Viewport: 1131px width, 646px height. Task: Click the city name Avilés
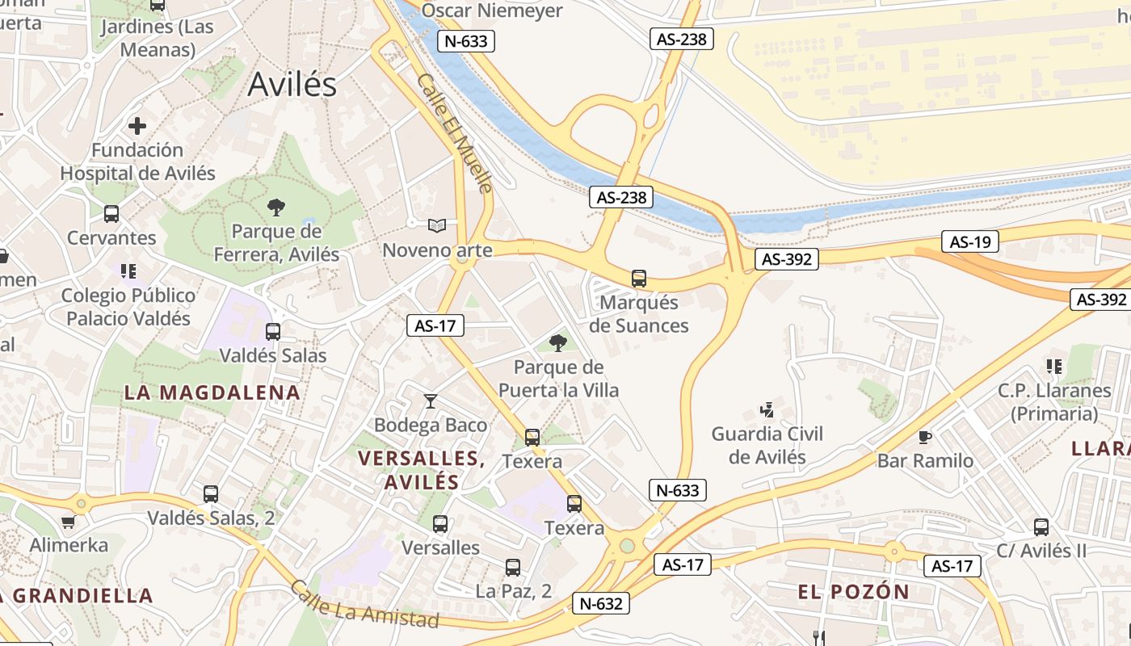tap(292, 84)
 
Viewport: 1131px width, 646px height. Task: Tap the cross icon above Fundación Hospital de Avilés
tap(137, 126)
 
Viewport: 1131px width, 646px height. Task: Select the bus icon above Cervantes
tap(111, 214)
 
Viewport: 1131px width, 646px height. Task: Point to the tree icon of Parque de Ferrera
tap(276, 208)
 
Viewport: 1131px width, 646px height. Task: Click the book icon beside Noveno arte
tap(437, 225)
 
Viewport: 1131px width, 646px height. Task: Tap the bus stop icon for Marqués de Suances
tap(639, 279)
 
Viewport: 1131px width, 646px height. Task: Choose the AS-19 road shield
tap(969, 241)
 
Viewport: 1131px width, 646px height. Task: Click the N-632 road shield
tap(601, 603)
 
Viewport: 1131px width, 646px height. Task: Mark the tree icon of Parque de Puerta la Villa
tap(557, 343)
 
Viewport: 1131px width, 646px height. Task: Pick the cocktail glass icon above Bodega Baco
tap(431, 401)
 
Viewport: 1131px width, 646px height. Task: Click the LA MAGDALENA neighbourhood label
tap(212, 393)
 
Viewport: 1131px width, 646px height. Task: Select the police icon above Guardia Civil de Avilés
tap(767, 410)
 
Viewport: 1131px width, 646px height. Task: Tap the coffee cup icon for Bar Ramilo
tap(925, 437)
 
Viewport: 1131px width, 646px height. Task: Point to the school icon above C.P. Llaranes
tap(1053, 367)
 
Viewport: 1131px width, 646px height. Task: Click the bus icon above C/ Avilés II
tap(1041, 527)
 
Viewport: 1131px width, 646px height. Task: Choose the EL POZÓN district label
tap(853, 592)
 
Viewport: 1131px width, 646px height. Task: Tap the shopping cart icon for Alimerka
tap(68, 522)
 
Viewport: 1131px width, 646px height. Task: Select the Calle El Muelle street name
tap(455, 133)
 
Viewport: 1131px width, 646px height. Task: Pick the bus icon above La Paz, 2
tap(513, 568)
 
